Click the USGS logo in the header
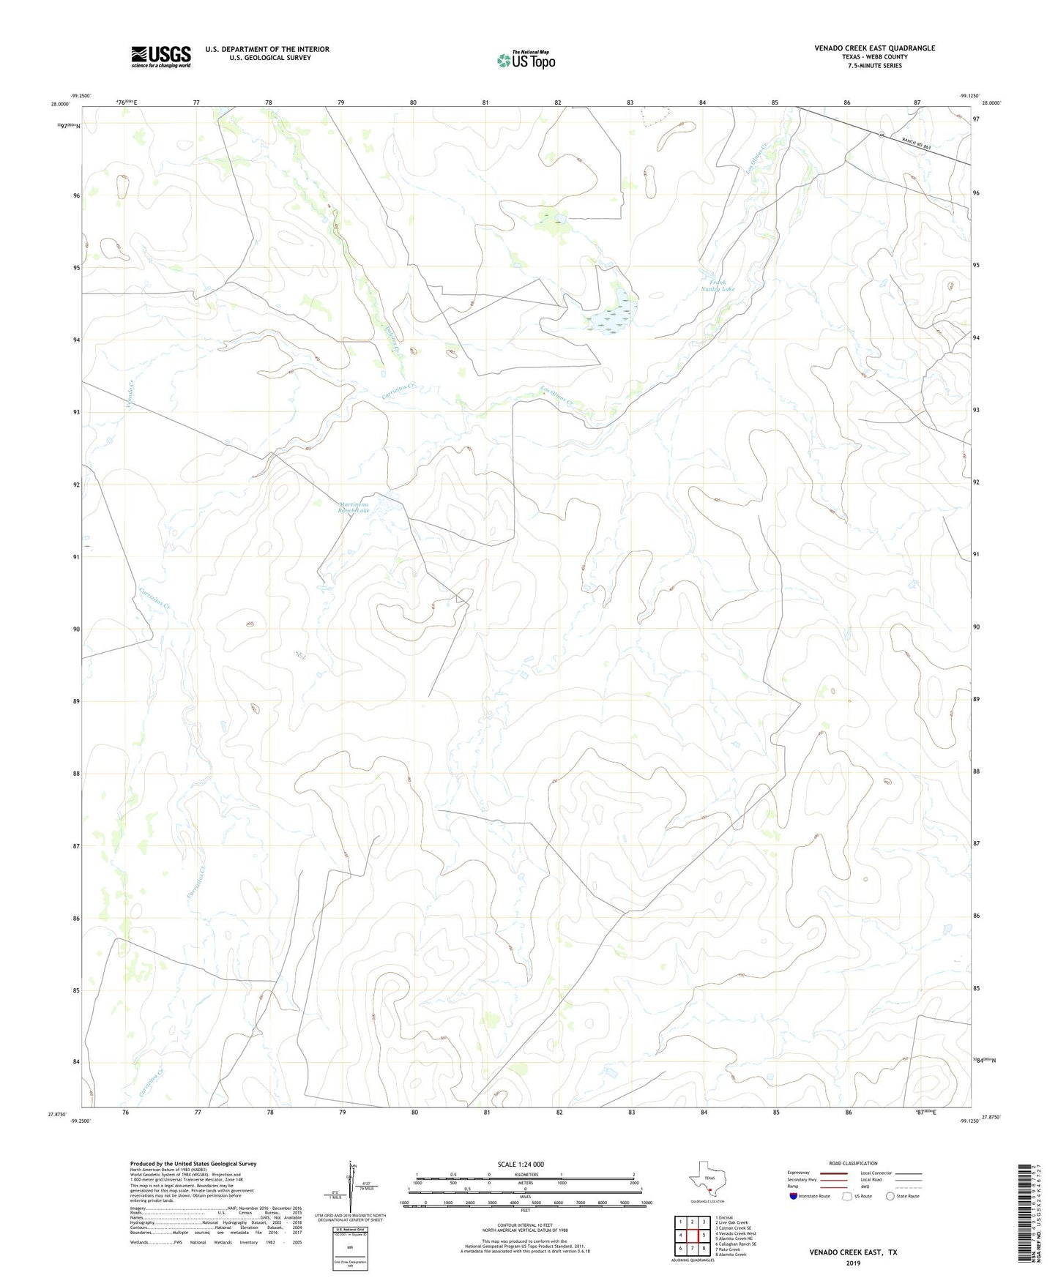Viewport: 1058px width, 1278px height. click(161, 56)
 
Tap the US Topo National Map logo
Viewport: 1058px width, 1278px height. click(526, 59)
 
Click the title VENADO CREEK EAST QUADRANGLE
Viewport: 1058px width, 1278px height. click(874, 48)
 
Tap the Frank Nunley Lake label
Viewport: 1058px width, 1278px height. click(717, 285)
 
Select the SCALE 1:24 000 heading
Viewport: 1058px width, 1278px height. click(521, 1165)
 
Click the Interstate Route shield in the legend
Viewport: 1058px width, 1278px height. click(793, 1196)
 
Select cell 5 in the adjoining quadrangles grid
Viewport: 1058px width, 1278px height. click(704, 1236)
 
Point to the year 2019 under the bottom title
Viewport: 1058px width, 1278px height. click(853, 1263)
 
